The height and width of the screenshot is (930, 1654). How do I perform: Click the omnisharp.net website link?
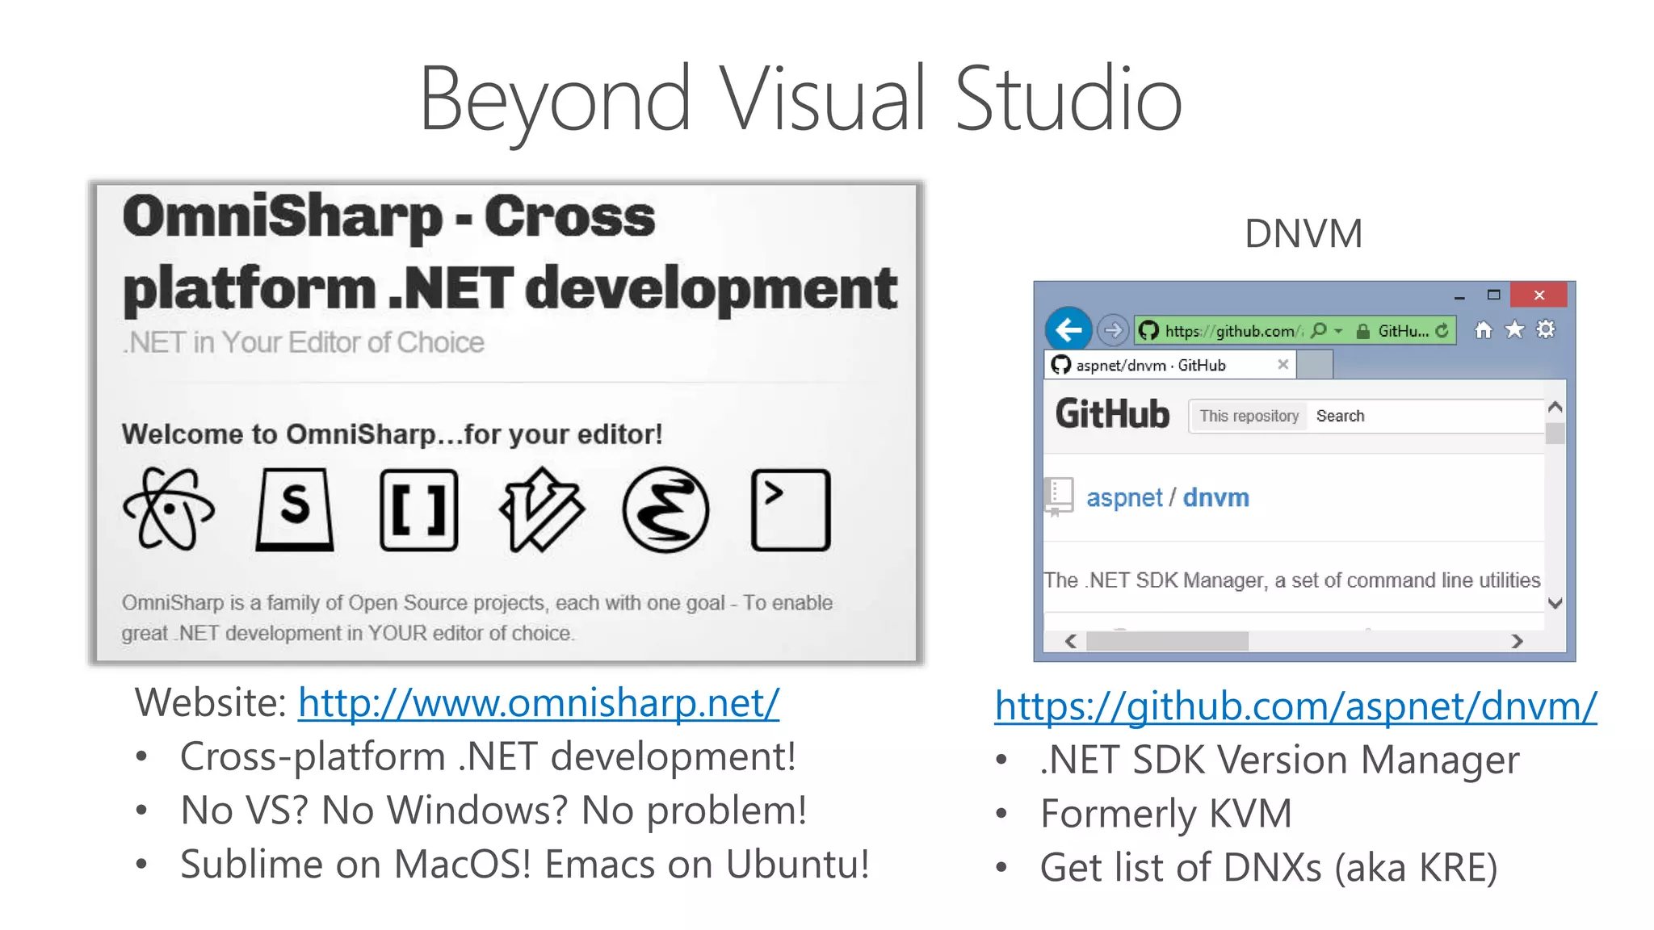[538, 703]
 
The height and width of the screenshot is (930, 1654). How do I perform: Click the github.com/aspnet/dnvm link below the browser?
[1295, 706]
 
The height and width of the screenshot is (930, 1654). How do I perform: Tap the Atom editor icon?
[169, 509]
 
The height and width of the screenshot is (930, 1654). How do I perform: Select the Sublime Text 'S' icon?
[295, 509]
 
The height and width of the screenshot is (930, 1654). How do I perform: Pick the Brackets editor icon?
[418, 509]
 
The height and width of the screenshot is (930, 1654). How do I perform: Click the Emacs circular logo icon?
[665, 509]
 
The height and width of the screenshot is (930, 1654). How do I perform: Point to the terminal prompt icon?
[790, 509]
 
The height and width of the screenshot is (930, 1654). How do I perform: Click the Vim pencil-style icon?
[542, 509]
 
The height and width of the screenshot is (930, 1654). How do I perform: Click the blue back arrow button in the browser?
[1068, 329]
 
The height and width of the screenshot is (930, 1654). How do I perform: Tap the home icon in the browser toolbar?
[1484, 329]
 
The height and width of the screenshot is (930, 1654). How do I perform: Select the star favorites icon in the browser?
[1514, 329]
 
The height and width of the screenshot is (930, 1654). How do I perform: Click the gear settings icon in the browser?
[1545, 329]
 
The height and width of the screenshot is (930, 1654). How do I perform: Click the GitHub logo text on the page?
[1112, 414]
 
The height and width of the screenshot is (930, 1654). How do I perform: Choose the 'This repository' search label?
[1249, 416]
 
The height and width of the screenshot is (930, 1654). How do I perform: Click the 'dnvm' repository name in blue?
[1215, 497]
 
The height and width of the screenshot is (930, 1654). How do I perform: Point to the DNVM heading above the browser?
[1303, 233]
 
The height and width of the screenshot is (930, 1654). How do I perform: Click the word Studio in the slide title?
[1068, 99]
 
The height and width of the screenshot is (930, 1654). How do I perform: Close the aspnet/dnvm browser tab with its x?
[1282, 365]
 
